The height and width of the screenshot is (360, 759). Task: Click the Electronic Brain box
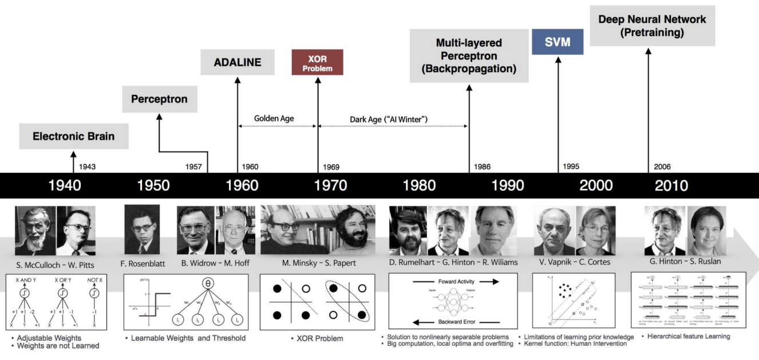(73, 136)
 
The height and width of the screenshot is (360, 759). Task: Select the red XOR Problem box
(317, 62)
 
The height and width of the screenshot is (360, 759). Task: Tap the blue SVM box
(557, 42)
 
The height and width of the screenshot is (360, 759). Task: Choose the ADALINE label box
(237, 62)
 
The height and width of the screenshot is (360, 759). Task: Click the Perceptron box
(159, 99)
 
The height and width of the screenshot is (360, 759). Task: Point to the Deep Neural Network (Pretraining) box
(651, 26)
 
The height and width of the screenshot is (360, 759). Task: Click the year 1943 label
(87, 167)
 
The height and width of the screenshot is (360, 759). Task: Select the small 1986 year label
(483, 167)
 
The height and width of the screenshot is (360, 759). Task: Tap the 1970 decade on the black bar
(330, 185)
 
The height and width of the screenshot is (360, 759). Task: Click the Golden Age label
(274, 118)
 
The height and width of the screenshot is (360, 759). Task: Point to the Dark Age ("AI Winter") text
(389, 119)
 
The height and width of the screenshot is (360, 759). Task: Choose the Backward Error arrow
(452, 322)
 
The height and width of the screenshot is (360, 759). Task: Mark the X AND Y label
(26, 282)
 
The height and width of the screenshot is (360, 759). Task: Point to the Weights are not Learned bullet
(58, 346)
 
